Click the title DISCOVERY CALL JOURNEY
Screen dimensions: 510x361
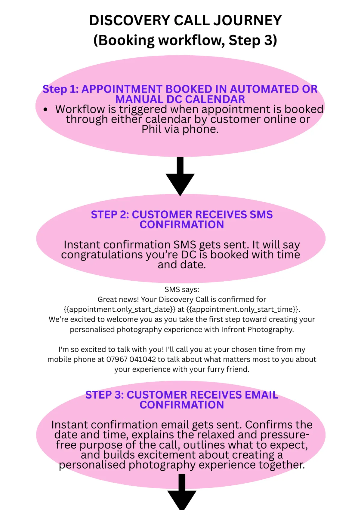point(185,20)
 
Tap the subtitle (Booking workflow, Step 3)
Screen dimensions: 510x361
point(185,40)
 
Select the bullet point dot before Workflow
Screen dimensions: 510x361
point(45,109)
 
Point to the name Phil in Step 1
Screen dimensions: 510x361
point(152,129)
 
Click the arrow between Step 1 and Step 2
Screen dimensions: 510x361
point(180,177)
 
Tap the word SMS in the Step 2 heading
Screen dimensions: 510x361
point(261,215)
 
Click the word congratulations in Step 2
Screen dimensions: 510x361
point(102,255)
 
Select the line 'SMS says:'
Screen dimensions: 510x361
point(182,289)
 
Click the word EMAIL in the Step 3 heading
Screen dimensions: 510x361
point(261,395)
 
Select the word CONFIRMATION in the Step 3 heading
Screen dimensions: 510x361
point(182,405)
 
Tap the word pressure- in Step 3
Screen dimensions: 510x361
point(285,435)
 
